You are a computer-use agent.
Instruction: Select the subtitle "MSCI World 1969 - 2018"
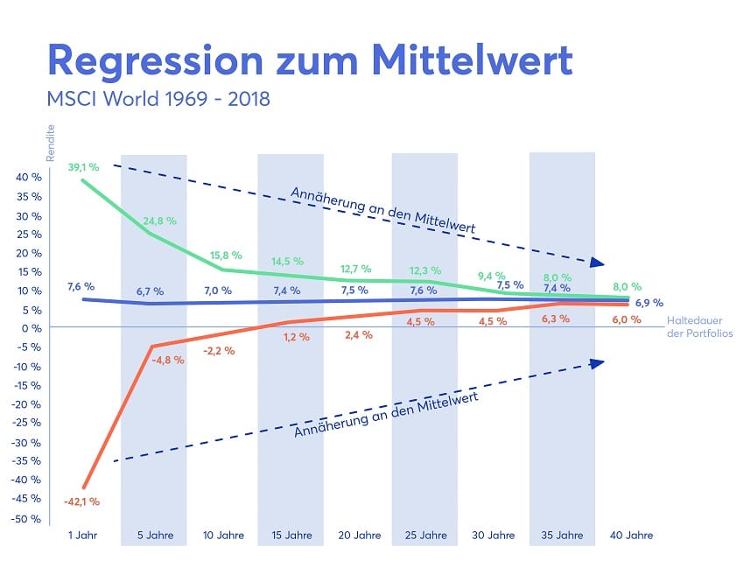point(158,99)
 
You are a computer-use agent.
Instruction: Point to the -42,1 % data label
point(81,501)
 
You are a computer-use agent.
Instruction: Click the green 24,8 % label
point(158,220)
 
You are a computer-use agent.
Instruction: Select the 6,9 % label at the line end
point(649,302)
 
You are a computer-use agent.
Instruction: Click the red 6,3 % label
point(556,319)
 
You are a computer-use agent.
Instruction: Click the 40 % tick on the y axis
point(29,178)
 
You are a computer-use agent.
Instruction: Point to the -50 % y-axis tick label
point(27,518)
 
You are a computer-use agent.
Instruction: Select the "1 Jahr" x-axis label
point(83,535)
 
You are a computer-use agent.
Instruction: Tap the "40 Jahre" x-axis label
point(632,535)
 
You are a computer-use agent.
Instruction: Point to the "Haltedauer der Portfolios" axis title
point(698,326)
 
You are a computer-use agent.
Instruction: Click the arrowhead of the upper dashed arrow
point(598,262)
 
